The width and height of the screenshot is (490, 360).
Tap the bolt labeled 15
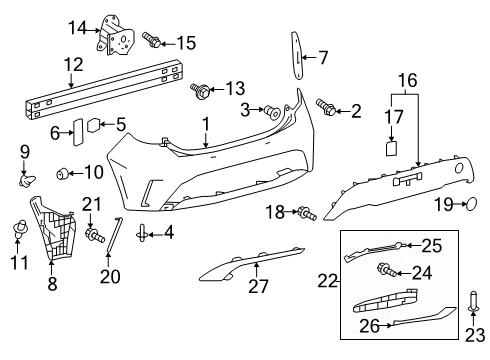coord(152,40)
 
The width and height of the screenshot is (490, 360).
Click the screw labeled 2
coord(326,106)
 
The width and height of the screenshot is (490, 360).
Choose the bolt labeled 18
coord(305,212)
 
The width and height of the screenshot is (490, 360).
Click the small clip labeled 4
coord(144,234)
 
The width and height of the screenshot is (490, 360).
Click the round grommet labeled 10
coord(65,173)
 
